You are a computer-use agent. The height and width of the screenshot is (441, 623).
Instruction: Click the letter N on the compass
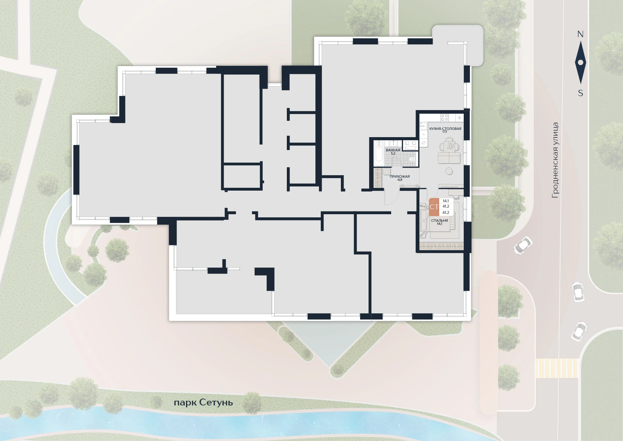(580, 34)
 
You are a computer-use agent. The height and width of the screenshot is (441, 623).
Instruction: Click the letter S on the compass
(581, 93)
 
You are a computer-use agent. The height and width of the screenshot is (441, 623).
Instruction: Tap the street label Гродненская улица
(555, 160)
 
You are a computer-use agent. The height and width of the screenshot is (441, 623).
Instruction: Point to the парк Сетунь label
(203, 403)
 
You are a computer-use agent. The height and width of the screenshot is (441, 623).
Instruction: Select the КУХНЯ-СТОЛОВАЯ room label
(445, 128)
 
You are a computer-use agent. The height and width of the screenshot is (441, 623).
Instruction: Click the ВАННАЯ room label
(393, 150)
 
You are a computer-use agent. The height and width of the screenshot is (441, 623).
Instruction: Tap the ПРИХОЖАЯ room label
(400, 176)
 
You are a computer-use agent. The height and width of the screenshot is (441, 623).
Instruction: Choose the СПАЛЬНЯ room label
(439, 220)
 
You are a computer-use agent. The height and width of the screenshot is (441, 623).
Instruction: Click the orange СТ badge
(434, 207)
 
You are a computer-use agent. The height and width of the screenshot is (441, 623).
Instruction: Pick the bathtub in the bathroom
(379, 154)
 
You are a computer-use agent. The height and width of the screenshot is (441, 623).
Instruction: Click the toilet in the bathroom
(413, 160)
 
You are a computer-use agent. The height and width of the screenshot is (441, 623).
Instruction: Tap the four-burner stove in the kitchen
(445, 117)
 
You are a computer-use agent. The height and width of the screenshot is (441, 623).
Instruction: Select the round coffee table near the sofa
(448, 171)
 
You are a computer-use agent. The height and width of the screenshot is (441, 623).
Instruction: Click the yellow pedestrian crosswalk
(557, 368)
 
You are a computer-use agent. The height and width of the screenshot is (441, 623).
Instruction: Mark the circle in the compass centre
(581, 62)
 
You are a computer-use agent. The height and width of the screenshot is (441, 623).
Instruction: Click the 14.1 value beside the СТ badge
(445, 201)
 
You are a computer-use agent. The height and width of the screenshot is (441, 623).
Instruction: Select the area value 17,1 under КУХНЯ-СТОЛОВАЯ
(445, 132)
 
